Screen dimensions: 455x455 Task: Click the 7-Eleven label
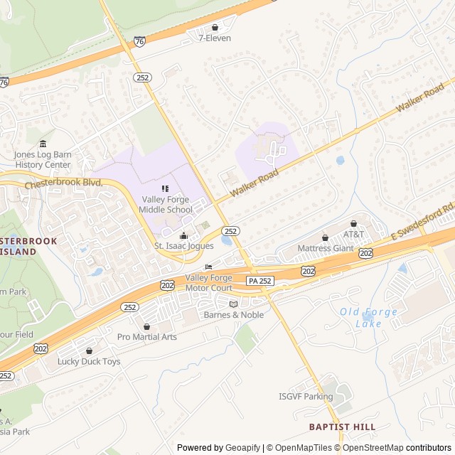[x=214, y=38]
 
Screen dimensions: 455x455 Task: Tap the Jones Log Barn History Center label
[x=43, y=159]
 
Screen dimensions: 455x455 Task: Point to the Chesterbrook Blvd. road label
[x=64, y=183]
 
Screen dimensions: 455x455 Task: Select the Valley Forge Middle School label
[x=166, y=205]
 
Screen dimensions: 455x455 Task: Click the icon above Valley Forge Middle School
[x=166, y=188]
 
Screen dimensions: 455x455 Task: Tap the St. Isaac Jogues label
[x=184, y=246]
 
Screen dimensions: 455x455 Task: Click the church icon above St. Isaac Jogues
[x=184, y=235]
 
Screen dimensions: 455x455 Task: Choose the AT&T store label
[x=353, y=234]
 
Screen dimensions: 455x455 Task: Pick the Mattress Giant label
[x=325, y=248]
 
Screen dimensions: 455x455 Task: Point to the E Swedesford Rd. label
[x=422, y=223]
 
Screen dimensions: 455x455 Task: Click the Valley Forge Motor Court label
[x=208, y=283]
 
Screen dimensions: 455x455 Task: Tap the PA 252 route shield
[x=259, y=282]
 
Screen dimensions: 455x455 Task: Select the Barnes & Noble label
[x=233, y=315]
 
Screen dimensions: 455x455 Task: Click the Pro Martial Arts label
[x=147, y=336]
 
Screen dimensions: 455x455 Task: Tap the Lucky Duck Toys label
[x=89, y=361]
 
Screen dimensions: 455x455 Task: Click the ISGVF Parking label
[x=306, y=397]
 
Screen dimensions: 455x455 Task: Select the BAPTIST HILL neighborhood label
[x=342, y=427]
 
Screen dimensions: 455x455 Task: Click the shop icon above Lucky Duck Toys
[x=89, y=350]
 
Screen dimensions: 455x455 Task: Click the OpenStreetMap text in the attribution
[x=367, y=448]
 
